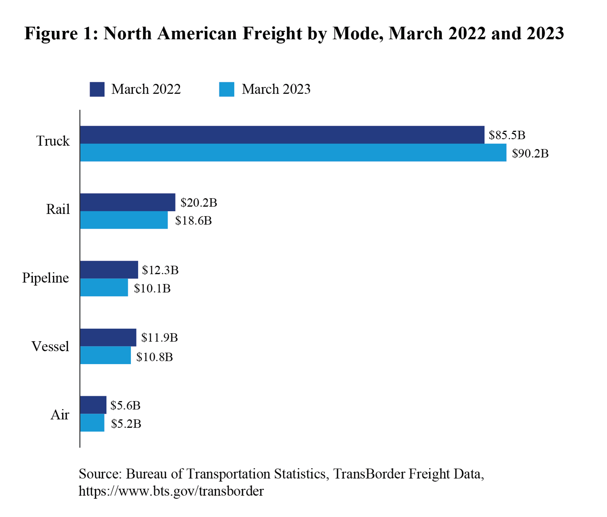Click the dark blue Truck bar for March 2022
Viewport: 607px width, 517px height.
tap(282, 135)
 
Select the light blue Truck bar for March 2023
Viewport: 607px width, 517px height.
tap(293, 153)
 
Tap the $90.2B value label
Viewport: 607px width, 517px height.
tap(530, 154)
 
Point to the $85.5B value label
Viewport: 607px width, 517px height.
tap(507, 135)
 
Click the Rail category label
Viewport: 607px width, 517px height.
tap(58, 209)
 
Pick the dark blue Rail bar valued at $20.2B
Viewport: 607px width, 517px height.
tap(128, 202)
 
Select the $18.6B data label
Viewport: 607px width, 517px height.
tap(193, 221)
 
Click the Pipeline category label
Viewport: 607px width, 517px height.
tap(45, 278)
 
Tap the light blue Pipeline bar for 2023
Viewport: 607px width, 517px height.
tap(104, 287)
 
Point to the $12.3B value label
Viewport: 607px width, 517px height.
tap(160, 270)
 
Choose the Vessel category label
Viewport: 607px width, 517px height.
tap(50, 347)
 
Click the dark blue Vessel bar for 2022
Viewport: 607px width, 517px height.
tap(108, 337)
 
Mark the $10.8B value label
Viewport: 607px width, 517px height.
tap(154, 357)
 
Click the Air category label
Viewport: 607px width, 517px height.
tap(60, 415)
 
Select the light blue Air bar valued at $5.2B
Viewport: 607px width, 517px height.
tap(92, 423)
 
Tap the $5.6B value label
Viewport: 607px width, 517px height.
tap(125, 405)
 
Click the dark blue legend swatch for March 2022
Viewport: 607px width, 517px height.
tap(97, 89)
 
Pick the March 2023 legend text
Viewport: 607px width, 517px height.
tap(276, 89)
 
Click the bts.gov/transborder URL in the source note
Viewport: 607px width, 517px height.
tap(171, 491)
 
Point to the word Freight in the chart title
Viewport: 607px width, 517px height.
tap(272, 34)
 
